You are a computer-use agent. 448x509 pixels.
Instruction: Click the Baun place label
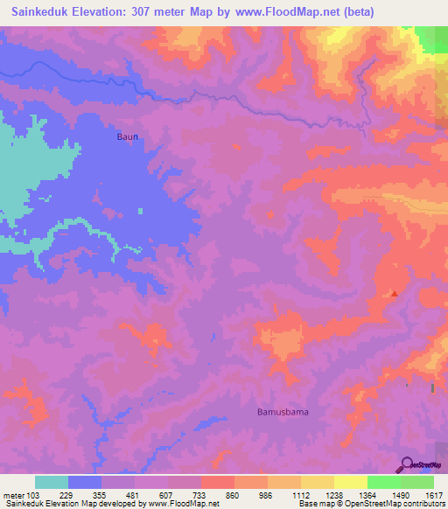128,137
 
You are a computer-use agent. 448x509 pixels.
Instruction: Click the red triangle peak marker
395,294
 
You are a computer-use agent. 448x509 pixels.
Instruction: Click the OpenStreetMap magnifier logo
407,464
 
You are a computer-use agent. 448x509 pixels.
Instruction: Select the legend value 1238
333,494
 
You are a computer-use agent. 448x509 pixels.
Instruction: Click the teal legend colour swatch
52,482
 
